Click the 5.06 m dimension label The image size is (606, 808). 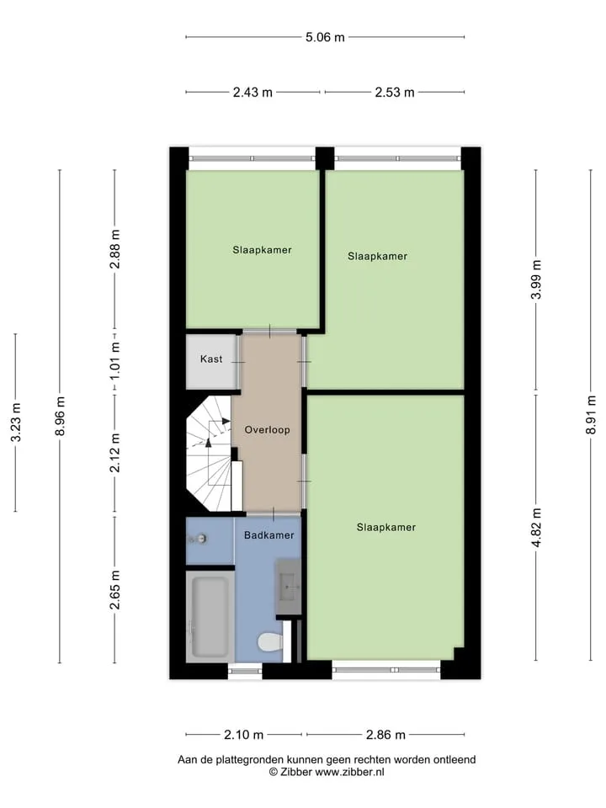point(325,37)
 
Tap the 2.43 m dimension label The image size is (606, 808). point(252,93)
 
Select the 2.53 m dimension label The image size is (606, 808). point(395,93)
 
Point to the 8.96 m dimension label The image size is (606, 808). point(61,416)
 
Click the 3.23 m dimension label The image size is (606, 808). point(16,422)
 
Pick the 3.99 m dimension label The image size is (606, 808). point(536,279)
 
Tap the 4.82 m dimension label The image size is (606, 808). point(536,528)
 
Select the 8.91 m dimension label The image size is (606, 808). point(592,415)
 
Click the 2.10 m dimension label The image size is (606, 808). point(244,734)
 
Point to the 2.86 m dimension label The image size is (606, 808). point(385,734)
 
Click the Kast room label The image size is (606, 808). point(211,359)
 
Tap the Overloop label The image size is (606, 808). point(267,430)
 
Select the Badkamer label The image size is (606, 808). point(269,535)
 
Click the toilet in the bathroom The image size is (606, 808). point(270,642)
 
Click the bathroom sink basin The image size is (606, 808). point(288,587)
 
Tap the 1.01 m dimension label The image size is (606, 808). point(115,361)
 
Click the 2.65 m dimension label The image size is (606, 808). point(115,590)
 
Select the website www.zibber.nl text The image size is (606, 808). point(349,772)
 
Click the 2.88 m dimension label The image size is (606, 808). point(115,249)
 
